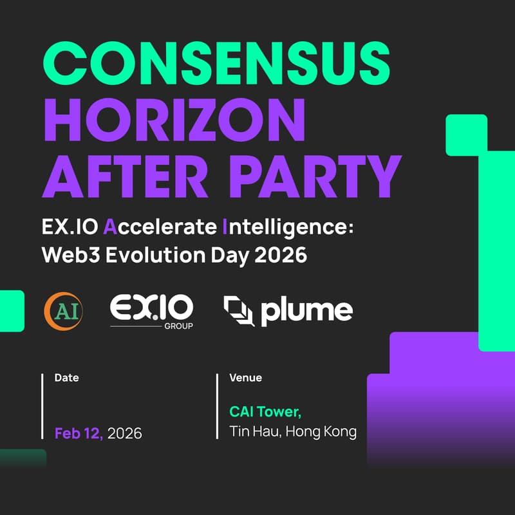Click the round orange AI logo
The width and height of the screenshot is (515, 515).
point(62,310)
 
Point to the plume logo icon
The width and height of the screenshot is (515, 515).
point(239,310)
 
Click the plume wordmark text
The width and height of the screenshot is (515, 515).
point(306,312)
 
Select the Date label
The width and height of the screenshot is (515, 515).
point(67,378)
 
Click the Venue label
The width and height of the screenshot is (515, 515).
point(246,378)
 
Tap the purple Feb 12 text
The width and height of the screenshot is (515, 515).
point(79,433)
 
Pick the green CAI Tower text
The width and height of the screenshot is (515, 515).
point(265,411)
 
